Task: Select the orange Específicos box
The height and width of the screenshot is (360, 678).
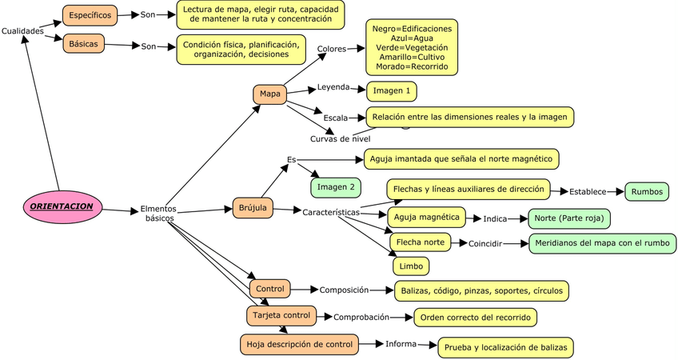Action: coord(90,15)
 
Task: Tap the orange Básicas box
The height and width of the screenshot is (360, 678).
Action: coord(84,43)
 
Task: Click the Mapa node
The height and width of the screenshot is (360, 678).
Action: coord(269,94)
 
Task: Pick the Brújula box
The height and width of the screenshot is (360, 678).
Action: coord(252,208)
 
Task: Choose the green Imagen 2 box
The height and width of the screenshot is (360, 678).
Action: coord(335,187)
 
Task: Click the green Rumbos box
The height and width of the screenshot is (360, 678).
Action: coord(646,192)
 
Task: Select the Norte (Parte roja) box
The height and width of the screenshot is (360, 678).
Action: coord(569,218)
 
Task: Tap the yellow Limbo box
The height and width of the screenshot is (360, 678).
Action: coord(410,266)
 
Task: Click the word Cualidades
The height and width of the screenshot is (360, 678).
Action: coord(22,30)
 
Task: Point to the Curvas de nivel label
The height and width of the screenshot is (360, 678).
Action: coord(340,138)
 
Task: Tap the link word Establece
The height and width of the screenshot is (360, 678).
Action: coord(588,192)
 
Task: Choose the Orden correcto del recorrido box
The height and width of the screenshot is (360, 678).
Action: coord(475,317)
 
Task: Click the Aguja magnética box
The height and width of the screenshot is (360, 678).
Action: coord(427,217)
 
